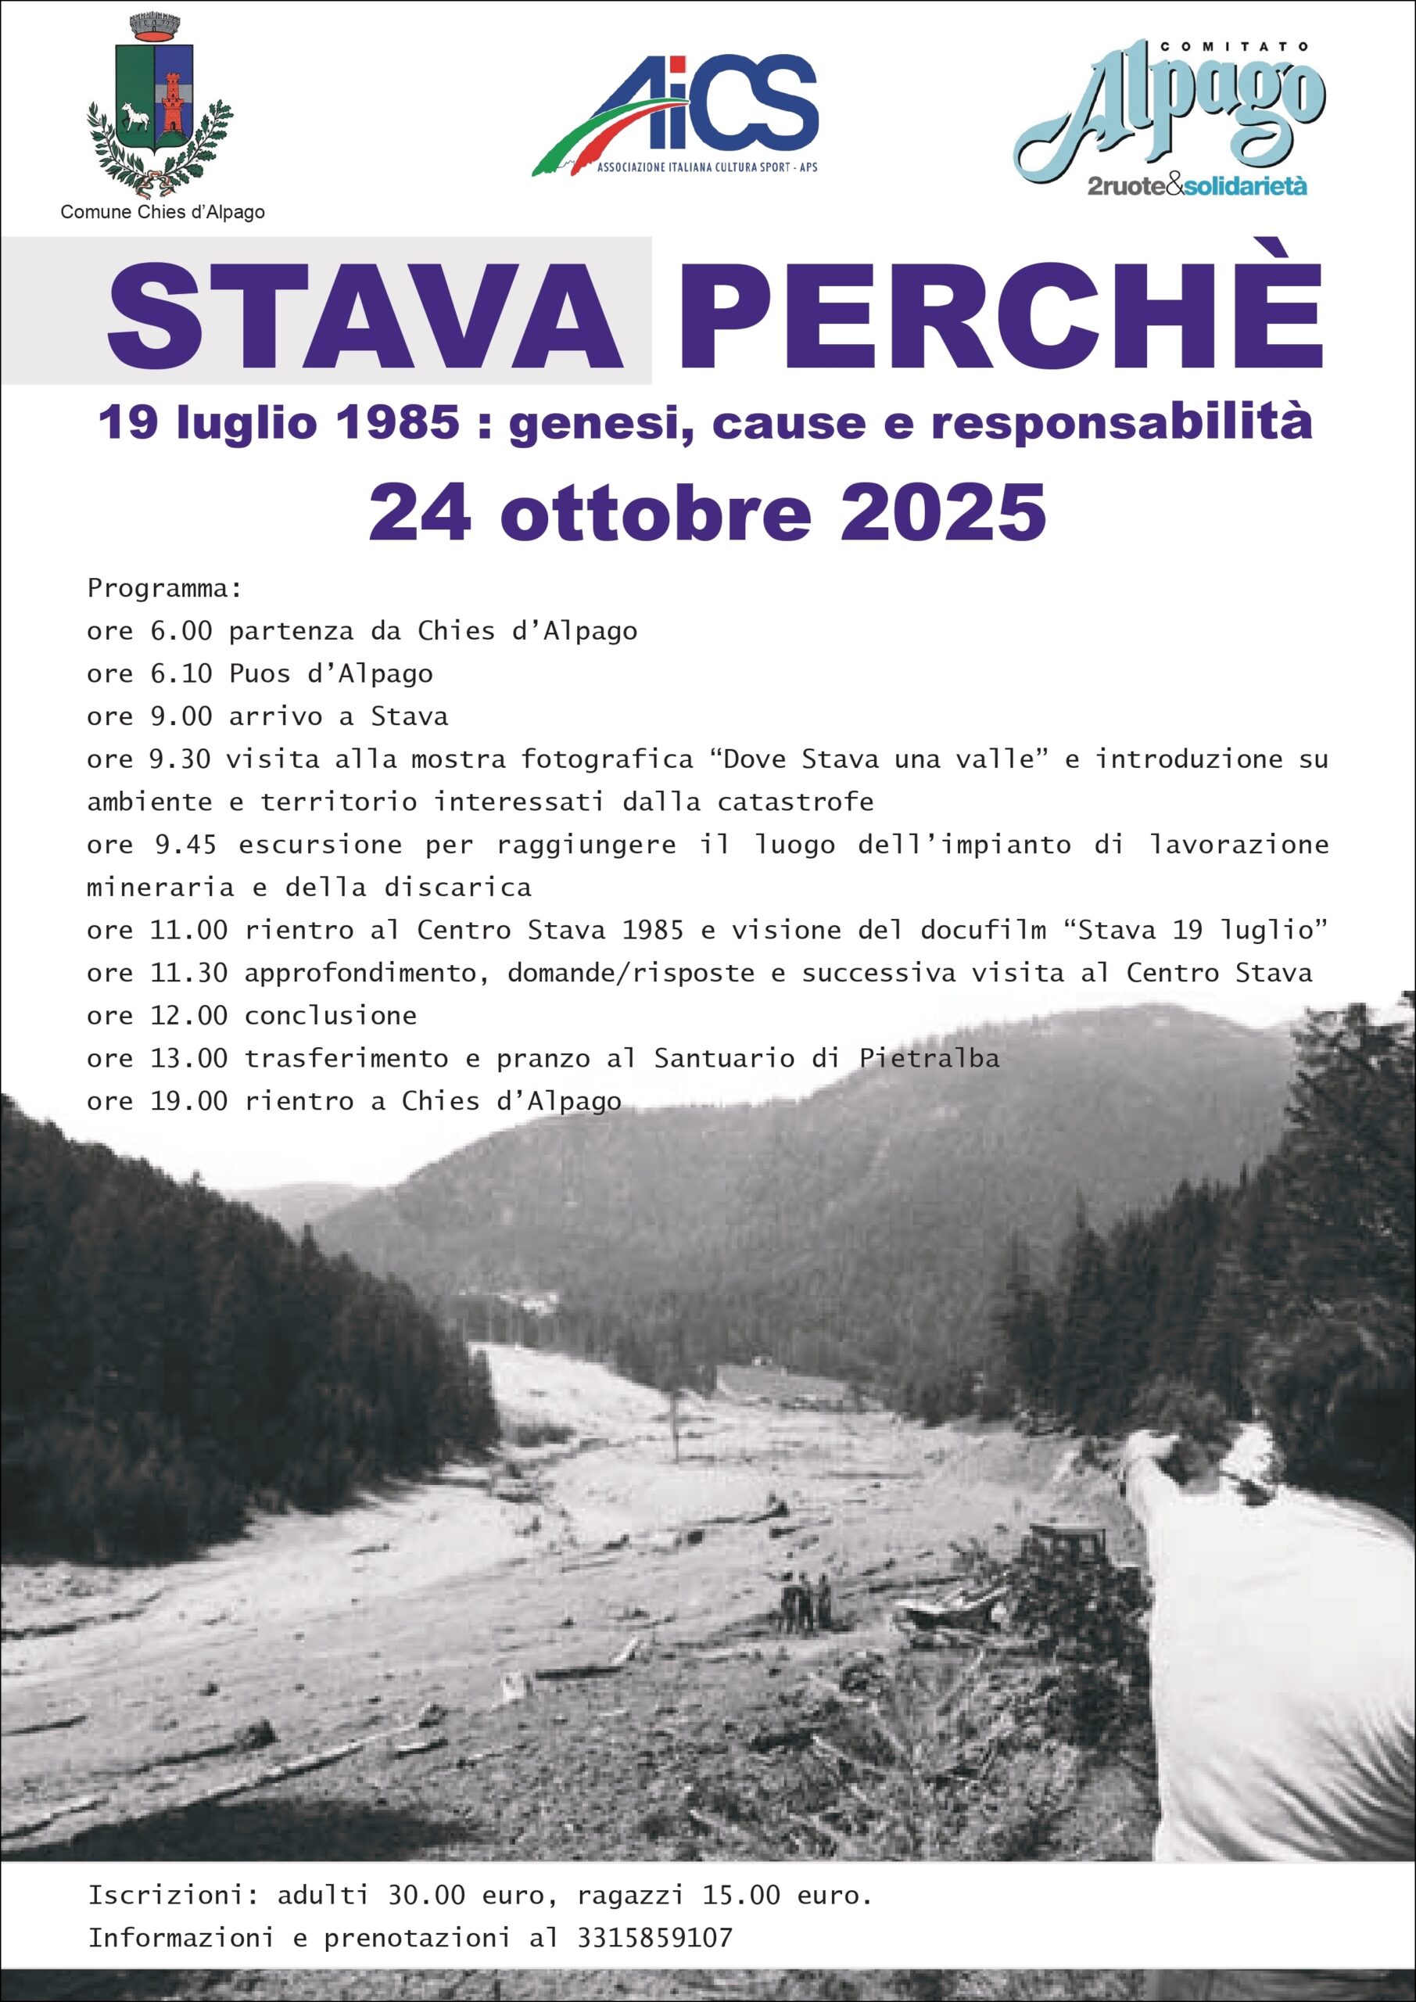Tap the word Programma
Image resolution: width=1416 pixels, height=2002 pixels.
(x=164, y=589)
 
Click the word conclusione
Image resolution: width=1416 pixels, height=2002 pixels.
(x=331, y=1015)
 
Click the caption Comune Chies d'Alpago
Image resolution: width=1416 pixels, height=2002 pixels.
(x=162, y=212)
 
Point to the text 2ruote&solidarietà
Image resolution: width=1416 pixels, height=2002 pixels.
(x=1197, y=185)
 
